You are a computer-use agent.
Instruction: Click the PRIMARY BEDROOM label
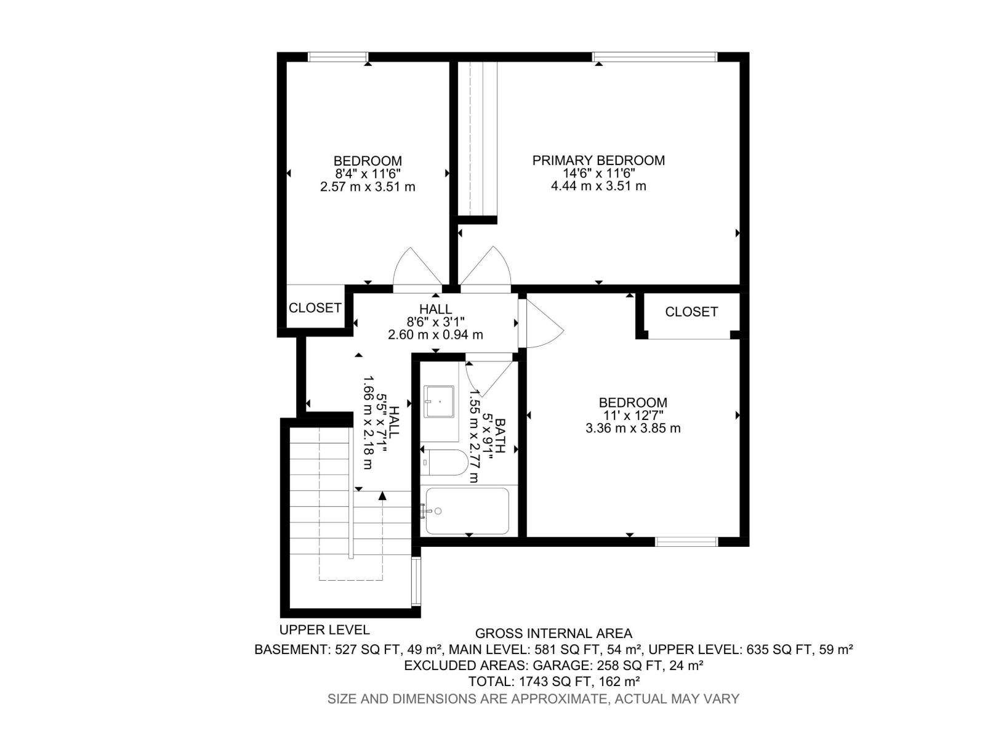click(598, 160)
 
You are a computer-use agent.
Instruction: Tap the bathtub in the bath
click(467, 511)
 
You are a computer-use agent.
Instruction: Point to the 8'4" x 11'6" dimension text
click(368, 174)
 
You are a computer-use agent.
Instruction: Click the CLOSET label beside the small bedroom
click(315, 307)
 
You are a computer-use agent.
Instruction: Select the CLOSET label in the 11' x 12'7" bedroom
click(691, 312)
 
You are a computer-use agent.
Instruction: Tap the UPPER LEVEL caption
click(324, 629)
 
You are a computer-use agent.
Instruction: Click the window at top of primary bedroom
click(654, 57)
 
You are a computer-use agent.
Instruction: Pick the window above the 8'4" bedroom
click(338, 57)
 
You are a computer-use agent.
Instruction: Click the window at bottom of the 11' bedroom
click(686, 542)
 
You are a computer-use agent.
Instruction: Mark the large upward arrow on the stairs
click(383, 495)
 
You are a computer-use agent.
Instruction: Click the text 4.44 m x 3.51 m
click(598, 186)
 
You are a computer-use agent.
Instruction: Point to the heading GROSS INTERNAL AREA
click(553, 633)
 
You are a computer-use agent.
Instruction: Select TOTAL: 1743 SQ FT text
click(554, 682)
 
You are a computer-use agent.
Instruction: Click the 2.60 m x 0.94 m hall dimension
click(435, 335)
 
